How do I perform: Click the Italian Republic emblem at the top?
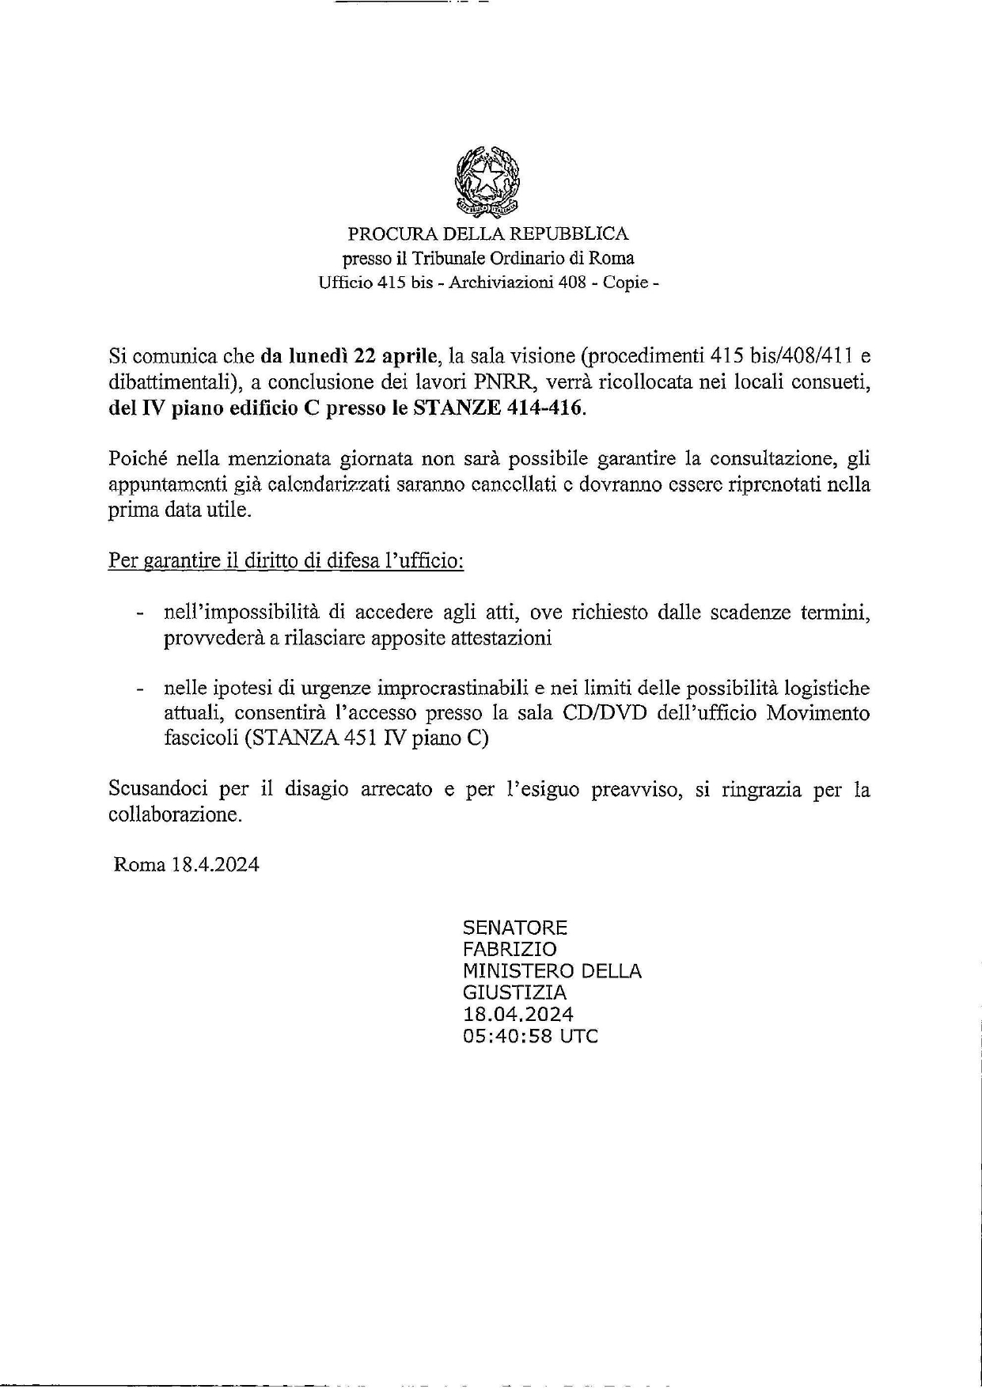488,182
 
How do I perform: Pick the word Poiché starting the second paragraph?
136,459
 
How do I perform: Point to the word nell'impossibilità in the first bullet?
242,613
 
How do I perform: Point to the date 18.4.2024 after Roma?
214,865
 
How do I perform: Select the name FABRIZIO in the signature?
510,950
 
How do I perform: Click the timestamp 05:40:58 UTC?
531,1036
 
